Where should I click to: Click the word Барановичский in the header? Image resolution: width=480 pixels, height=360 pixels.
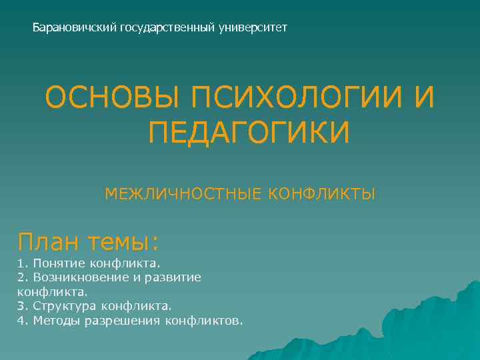[75, 28]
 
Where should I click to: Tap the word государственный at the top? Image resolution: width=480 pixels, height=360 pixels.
[167, 28]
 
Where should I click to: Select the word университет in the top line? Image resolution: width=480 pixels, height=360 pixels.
[253, 28]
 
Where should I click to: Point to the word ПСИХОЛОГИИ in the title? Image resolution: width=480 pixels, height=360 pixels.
[295, 99]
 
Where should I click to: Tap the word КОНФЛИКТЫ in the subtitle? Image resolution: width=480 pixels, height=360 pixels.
[322, 194]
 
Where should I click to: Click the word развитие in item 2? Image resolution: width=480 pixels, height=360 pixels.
[174, 277]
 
